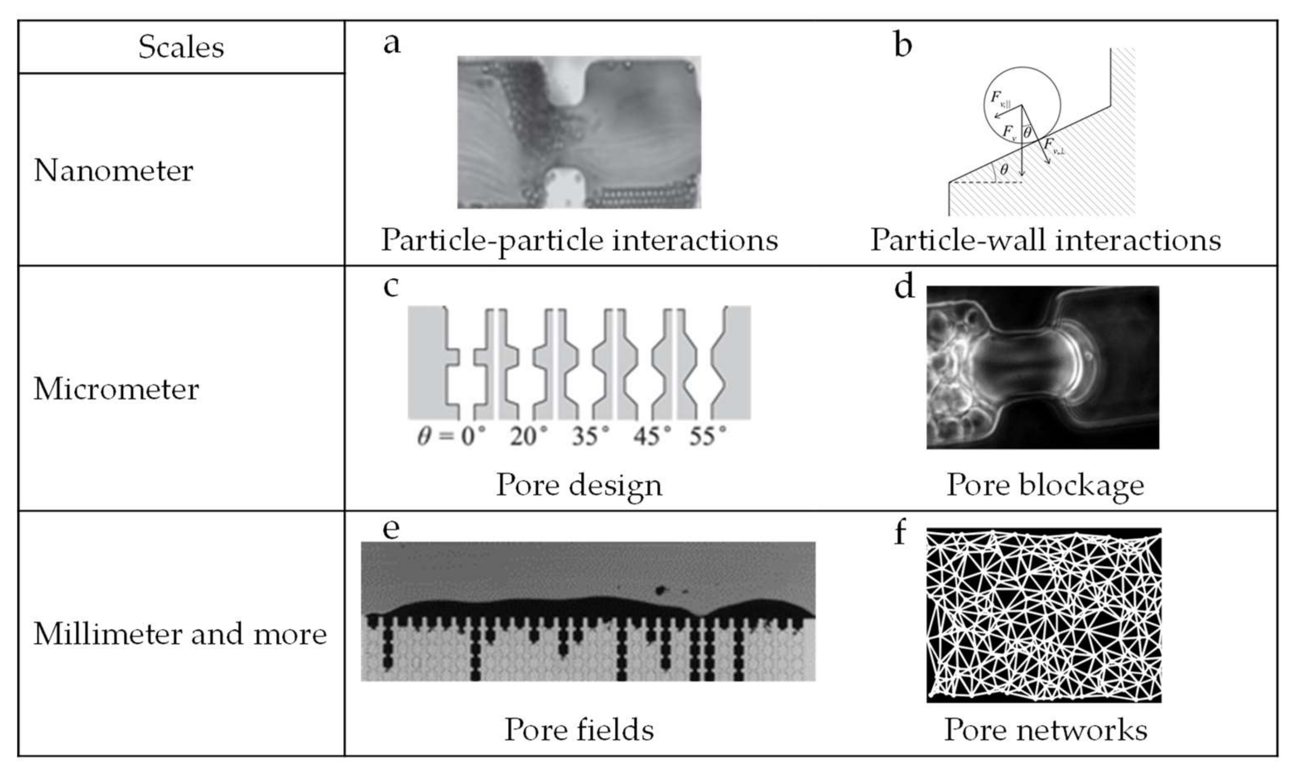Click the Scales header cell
tap(181, 47)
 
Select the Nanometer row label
tap(113, 171)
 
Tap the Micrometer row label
tap(116, 389)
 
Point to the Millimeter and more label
tap(180, 634)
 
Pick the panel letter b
tap(903, 45)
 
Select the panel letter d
tap(904, 287)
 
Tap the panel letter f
tap(900, 533)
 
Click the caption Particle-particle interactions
tap(579, 240)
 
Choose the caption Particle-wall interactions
tap(1045, 240)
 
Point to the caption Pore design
tap(579, 485)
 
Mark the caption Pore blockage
tap(1045, 485)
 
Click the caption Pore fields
tap(579, 729)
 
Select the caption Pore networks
tap(1045, 729)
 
